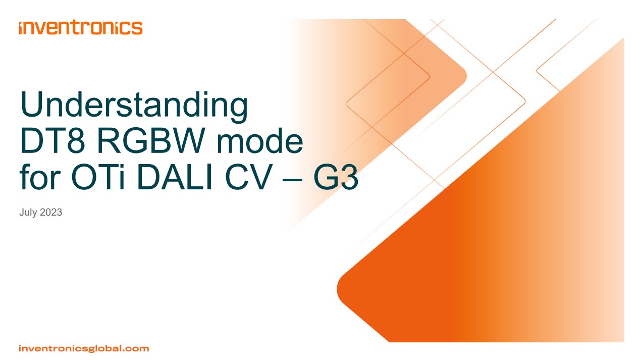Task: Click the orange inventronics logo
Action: click(x=81, y=27)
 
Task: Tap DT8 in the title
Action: click(x=52, y=141)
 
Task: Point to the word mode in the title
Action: click(x=260, y=141)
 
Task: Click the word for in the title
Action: click(x=40, y=177)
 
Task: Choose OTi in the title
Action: click(x=98, y=177)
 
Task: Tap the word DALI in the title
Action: click(x=175, y=177)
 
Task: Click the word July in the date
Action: click(x=28, y=213)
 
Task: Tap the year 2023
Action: click(x=51, y=212)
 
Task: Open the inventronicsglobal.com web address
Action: click(x=84, y=348)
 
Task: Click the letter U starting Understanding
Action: click(x=31, y=104)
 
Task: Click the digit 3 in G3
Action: click(x=350, y=177)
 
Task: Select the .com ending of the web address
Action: click(x=135, y=348)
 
